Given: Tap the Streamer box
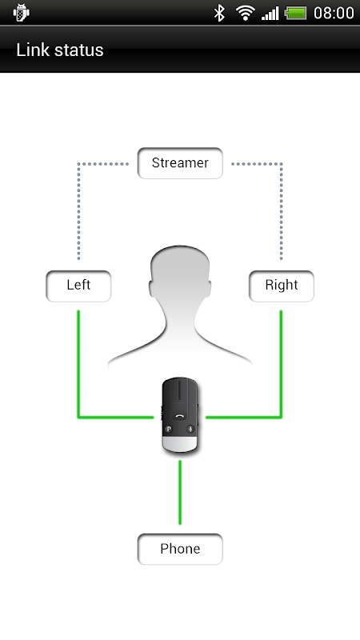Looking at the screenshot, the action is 180,163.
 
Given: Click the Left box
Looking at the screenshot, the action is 78,286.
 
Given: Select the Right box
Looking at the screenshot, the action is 282,286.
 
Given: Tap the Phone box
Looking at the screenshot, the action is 180,549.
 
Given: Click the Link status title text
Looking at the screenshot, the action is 59,50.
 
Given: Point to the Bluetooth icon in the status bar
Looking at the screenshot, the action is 219,13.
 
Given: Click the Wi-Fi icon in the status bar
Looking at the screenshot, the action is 246,13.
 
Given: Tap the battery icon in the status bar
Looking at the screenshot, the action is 295,13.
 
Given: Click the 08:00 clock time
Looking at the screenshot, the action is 334,13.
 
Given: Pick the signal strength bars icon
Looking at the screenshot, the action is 270,13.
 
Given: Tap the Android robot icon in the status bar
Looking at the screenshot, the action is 21,13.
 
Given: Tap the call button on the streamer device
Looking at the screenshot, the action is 179,416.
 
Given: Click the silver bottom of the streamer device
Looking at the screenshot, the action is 180,445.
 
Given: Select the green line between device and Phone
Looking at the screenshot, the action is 180,492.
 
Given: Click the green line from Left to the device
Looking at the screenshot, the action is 78,392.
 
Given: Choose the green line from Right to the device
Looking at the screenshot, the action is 281,392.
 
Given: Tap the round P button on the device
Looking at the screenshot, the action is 169,429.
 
